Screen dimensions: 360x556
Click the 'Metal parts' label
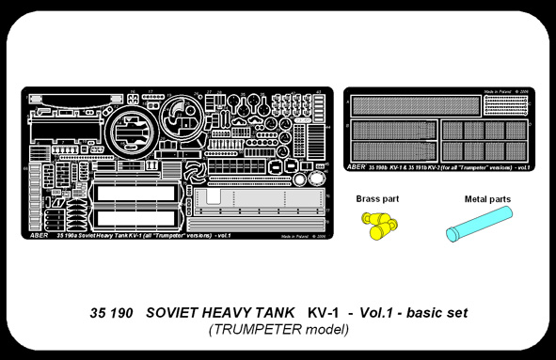487,199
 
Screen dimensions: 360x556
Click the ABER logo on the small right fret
357,166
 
